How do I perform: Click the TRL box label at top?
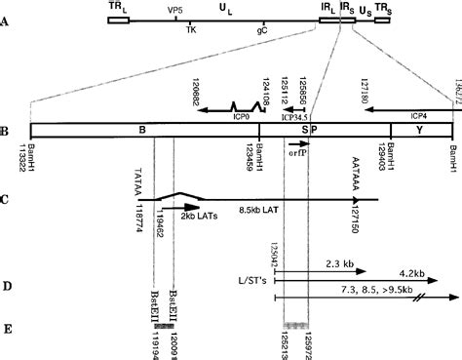tap(118, 6)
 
